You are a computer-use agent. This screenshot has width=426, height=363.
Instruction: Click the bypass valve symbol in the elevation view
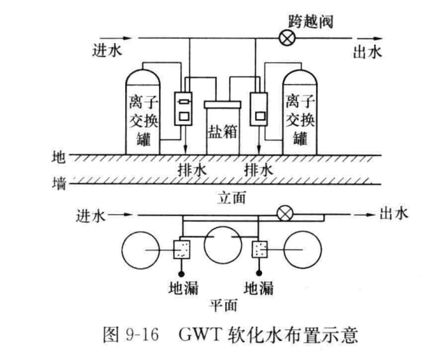[x=288, y=38]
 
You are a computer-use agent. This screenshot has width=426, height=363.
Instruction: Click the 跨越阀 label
[x=311, y=21]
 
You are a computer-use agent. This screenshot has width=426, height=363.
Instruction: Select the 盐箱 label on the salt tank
[x=223, y=131]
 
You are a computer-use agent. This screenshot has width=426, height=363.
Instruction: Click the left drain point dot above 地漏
[x=181, y=273]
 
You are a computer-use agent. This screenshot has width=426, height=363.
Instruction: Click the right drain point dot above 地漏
[x=259, y=273]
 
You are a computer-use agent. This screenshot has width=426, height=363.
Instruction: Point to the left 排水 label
[x=192, y=170]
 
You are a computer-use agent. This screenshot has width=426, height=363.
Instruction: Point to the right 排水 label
[x=259, y=170]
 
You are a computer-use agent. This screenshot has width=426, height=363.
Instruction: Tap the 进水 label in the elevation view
[x=107, y=51]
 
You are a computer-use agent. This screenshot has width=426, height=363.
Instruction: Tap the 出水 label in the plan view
[x=394, y=213]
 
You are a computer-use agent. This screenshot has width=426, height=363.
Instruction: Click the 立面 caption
[x=231, y=197]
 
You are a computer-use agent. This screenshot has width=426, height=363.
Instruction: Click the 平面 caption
[x=223, y=305]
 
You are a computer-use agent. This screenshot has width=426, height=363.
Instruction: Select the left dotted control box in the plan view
[x=182, y=250]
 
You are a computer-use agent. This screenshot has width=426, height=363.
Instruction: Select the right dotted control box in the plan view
[x=260, y=250]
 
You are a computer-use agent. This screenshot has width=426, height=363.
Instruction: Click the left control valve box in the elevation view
[x=183, y=108]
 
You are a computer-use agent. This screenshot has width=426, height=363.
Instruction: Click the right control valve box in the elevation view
[x=259, y=109]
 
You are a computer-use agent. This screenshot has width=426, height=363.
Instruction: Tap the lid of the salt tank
[x=222, y=104]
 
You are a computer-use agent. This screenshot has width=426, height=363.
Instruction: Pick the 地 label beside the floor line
[x=58, y=157]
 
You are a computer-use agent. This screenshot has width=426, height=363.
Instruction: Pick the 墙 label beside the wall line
[x=59, y=184]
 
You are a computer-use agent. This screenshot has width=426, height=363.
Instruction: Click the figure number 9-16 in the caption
[x=142, y=334]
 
